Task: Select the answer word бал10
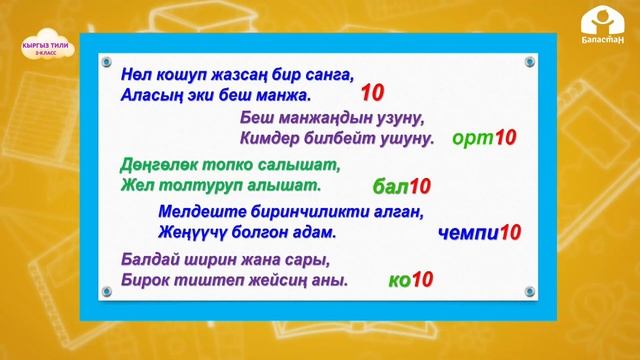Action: tap(400, 186)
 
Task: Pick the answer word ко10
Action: tap(410, 280)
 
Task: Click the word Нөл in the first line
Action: tap(135, 74)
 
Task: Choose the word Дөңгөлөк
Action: tap(158, 163)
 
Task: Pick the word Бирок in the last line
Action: tap(143, 280)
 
